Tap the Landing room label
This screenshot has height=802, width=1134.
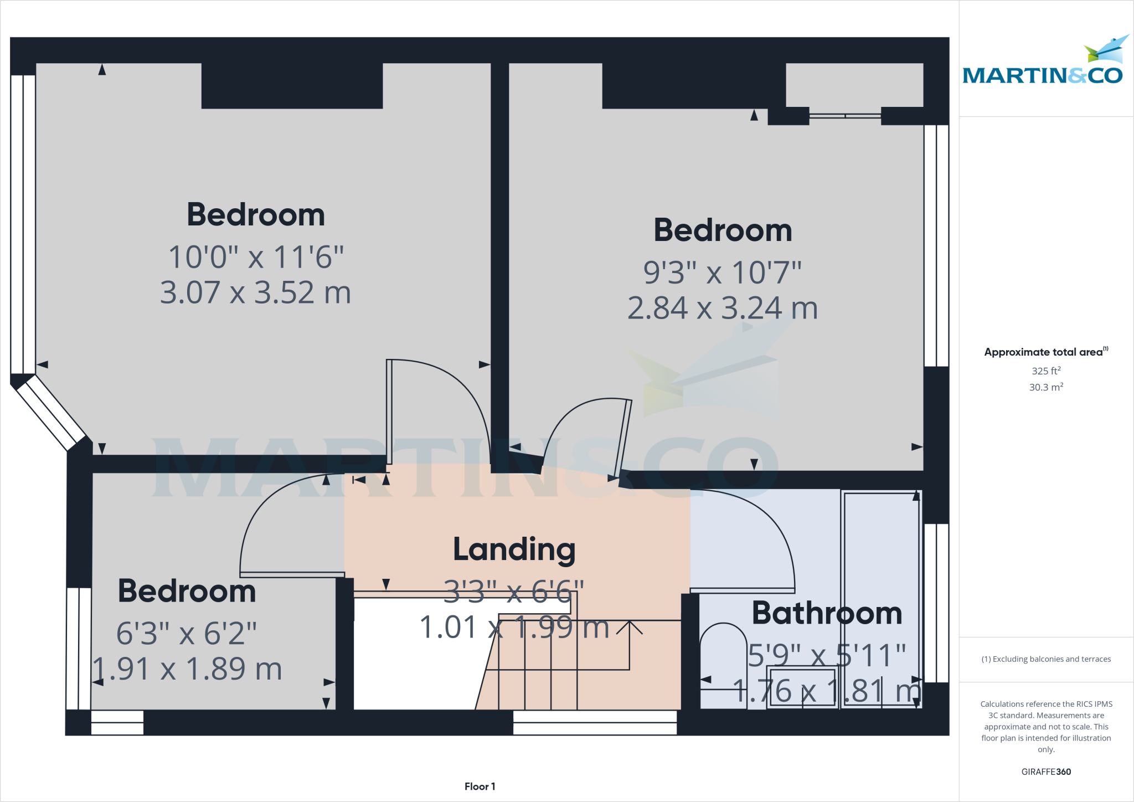[x=514, y=549]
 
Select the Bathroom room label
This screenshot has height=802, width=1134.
[x=826, y=613]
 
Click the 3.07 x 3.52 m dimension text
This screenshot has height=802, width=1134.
[x=255, y=292]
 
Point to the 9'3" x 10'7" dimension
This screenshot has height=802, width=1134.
[x=722, y=273]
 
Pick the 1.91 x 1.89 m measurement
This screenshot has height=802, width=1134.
[x=187, y=669]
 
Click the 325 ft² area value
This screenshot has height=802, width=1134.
[x=1046, y=371]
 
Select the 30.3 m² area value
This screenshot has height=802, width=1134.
[x=1046, y=387]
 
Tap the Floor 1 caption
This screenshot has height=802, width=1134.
[x=480, y=786]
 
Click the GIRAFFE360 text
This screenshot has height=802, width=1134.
[x=1046, y=772]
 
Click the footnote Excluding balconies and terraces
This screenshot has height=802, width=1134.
[x=1046, y=659]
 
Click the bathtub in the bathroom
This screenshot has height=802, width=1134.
[x=880, y=598]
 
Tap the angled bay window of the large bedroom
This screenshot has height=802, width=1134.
[x=50, y=413]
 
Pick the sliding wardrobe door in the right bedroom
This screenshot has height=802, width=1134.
[x=845, y=116]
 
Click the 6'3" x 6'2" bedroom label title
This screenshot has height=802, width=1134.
[x=187, y=591]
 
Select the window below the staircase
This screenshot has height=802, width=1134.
[x=595, y=722]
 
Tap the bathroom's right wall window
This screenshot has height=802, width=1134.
[x=936, y=603]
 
